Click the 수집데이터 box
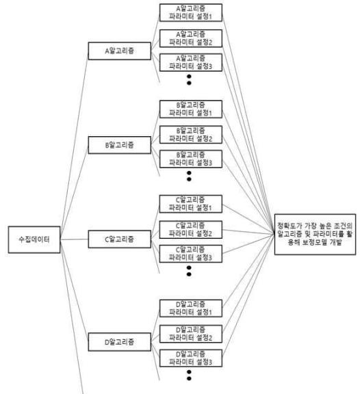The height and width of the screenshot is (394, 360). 34,239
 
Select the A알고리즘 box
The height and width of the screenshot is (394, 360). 119,51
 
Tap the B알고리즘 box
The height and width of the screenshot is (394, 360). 119,145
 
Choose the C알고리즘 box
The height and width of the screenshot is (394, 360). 119,239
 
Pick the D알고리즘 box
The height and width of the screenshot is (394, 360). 119,342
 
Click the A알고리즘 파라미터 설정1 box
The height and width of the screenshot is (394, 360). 191,12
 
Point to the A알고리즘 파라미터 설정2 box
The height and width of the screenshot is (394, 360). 191,38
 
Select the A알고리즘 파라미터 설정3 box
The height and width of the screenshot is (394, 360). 191,62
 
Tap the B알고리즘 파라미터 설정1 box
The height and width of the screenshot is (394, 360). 191,109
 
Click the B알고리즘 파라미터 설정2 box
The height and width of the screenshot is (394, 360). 191,135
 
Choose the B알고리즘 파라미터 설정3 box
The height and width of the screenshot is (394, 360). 191,159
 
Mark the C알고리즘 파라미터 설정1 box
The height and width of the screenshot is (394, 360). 191,204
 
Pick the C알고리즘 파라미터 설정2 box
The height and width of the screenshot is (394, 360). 191,229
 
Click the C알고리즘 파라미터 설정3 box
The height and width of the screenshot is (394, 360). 191,254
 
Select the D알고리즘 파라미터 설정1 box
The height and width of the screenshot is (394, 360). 191,308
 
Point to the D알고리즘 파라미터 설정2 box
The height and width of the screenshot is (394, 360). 191,334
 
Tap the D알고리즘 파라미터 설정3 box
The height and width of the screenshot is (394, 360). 191,358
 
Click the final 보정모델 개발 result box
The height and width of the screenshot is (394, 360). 315,234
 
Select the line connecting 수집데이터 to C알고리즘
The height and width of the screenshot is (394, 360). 75,239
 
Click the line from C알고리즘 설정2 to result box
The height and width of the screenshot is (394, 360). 248,232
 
